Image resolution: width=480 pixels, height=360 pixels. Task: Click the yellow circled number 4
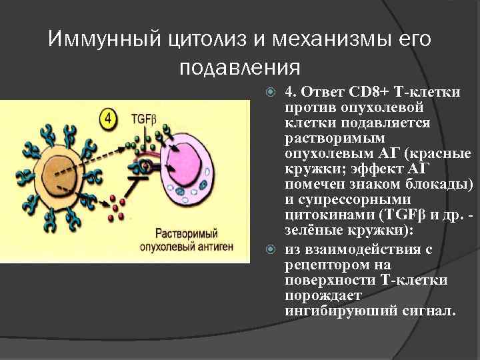109,120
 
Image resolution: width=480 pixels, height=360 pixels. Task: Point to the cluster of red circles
117,205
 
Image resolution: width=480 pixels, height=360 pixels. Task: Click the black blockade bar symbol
143,175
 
